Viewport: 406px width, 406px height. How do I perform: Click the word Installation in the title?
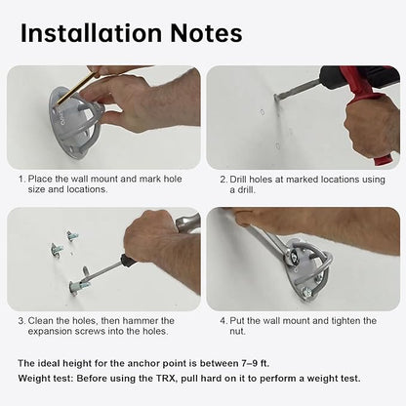pos(91,33)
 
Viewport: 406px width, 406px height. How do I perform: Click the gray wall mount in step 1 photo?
pos(76,125)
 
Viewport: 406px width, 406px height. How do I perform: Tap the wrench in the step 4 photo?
pos(266,241)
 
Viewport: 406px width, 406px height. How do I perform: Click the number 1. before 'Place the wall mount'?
pos(21,179)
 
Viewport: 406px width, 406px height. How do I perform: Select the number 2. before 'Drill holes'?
pos(223,180)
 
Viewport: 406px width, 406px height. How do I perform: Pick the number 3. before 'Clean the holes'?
pos(21,321)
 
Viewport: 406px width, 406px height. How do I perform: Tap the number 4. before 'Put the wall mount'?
pos(223,321)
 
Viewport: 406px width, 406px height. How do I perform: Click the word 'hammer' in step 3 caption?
pos(141,321)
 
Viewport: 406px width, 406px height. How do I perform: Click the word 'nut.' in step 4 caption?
pos(237,332)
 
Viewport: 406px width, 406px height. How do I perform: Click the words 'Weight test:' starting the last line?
pos(46,379)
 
